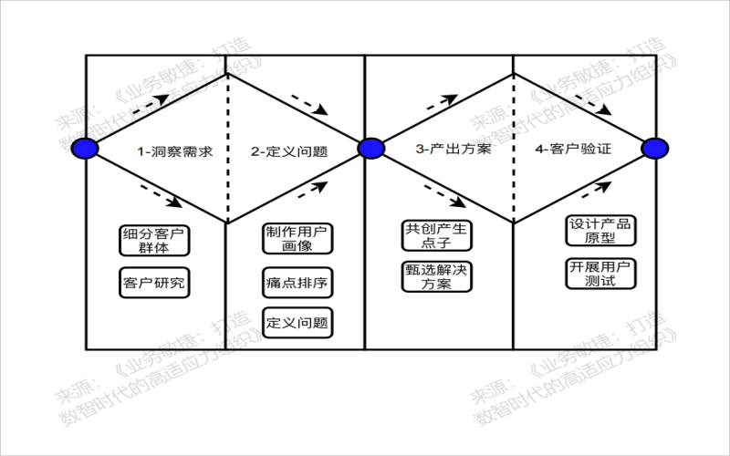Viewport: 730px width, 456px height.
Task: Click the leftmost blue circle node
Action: pos(85,148)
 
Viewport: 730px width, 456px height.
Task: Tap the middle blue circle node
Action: pos(370,148)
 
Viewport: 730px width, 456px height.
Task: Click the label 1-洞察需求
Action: pos(175,150)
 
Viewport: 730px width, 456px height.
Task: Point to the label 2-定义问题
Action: pos(289,150)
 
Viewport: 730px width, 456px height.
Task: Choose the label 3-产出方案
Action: pos(454,148)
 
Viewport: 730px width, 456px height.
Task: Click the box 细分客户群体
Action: pos(153,240)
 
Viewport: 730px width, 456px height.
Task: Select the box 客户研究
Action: pos(153,282)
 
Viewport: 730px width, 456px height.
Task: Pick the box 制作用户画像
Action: pos(297,238)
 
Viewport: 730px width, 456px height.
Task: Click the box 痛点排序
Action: pos(297,282)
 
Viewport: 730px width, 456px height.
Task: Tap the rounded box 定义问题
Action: pos(297,323)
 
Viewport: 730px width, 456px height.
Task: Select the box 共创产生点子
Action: pos(436,235)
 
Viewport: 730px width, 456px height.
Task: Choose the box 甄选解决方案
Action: pos(436,277)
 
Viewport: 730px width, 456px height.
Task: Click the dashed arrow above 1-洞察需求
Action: pos(151,103)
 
